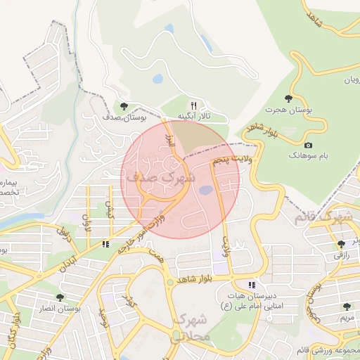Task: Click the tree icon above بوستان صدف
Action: [124, 106]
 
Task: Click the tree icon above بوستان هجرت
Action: [288, 99]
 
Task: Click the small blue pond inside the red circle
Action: [205, 190]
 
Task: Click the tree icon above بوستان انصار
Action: [60, 297]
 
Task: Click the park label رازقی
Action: [340, 255]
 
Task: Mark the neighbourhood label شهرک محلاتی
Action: [190, 328]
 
